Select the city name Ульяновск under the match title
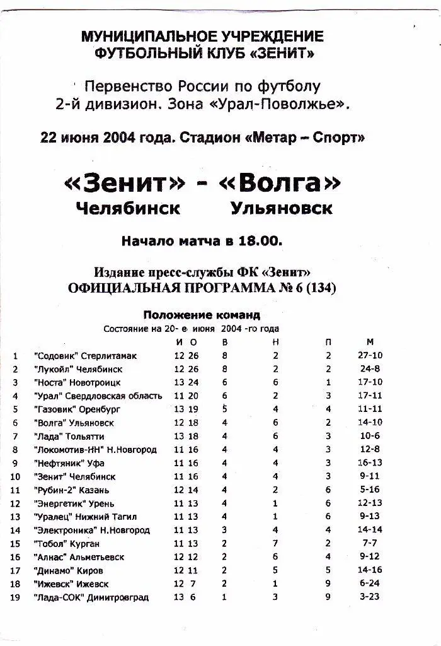[281, 209]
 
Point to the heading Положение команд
[202, 315]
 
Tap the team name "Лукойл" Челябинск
[78, 369]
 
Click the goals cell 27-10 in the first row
[369, 355]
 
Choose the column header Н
[276, 342]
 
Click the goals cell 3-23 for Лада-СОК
[369, 597]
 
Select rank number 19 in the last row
[16, 597]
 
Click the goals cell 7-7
[369, 543]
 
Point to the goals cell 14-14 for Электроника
[369, 530]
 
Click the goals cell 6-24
[369, 584]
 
